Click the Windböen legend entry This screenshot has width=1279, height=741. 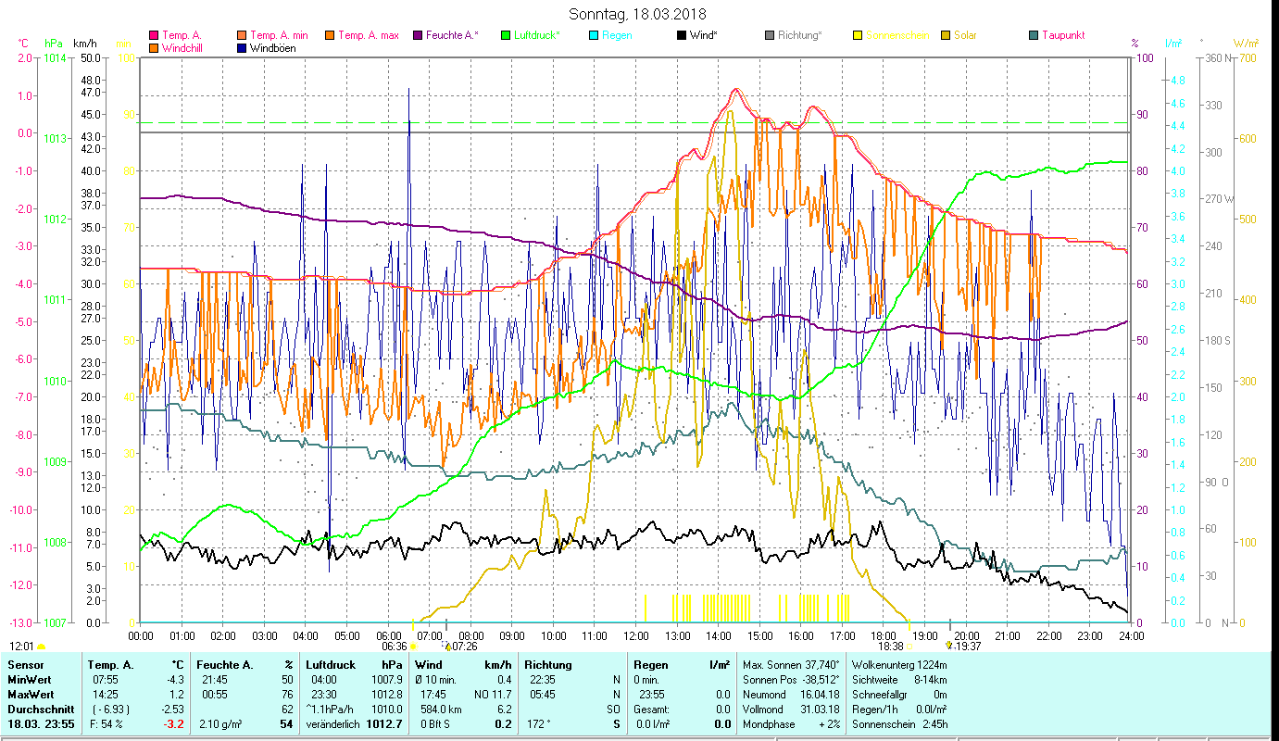(272, 48)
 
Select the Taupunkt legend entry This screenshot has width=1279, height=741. (1062, 35)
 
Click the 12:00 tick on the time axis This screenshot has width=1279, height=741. (636, 636)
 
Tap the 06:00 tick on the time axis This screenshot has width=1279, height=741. (388, 636)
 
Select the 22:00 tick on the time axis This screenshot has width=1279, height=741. (1048, 636)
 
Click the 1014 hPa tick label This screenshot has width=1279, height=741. (55, 57)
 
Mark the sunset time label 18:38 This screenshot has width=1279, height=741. (890, 647)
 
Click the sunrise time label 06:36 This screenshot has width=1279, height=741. (395, 647)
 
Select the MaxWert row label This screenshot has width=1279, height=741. (30, 694)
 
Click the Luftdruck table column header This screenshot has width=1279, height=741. (331, 665)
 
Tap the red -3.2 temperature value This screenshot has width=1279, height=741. (173, 723)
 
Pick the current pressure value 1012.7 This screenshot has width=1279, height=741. (389, 723)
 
